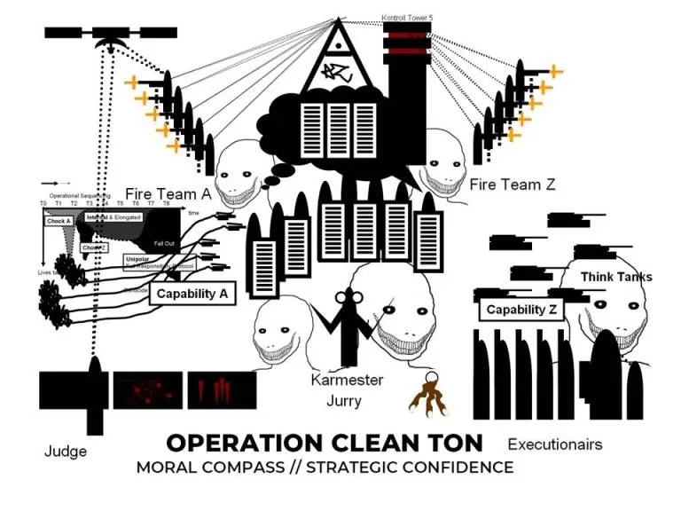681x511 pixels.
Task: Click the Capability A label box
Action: (192, 295)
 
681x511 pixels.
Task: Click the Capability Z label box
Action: (521, 310)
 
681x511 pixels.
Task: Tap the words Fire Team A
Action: (168, 194)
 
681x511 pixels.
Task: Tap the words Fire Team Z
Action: (512, 185)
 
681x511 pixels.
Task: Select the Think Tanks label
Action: (615, 278)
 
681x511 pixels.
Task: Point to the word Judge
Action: (66, 452)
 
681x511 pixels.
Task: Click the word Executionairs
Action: (554, 444)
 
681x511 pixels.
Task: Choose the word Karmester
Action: (347, 381)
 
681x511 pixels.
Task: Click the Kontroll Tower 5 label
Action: (406, 18)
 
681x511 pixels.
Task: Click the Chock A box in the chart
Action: (59, 222)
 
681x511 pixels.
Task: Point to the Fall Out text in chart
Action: (164, 243)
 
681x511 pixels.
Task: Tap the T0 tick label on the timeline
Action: (43, 204)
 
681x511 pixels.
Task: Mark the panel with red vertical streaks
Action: (221, 390)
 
